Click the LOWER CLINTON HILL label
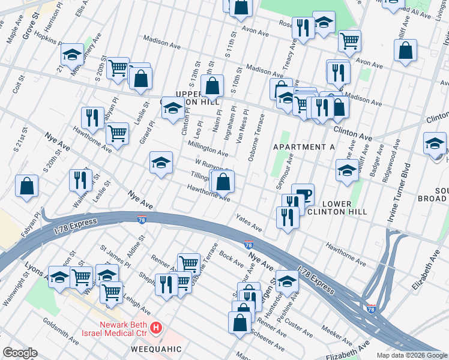click(x=336, y=208)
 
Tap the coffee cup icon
click(x=305, y=193)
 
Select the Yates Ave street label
click(x=249, y=223)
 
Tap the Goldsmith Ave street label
click(x=61, y=331)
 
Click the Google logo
click(x=20, y=353)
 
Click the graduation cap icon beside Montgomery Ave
click(x=72, y=55)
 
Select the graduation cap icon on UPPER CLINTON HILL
click(x=172, y=109)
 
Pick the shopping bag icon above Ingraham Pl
click(x=212, y=86)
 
